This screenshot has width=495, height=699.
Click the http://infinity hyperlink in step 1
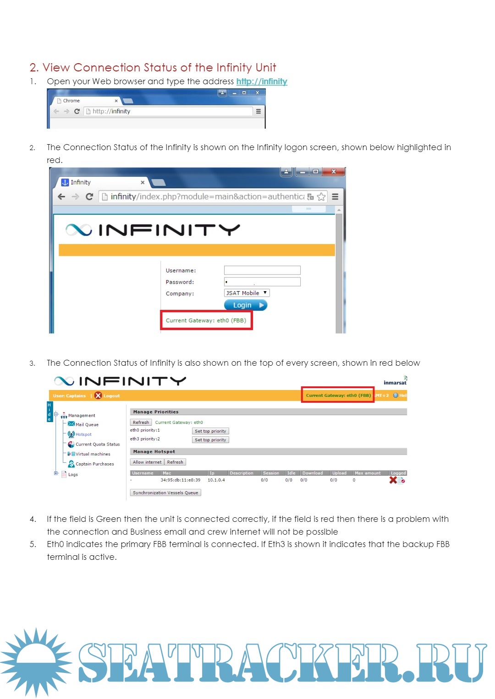tap(262, 81)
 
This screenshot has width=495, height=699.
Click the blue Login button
tap(245, 305)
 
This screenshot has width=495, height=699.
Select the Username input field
tap(262, 271)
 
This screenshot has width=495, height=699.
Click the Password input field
tap(262, 282)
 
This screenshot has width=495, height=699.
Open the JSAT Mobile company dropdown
tap(247, 293)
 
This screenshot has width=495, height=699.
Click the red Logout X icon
tap(98, 396)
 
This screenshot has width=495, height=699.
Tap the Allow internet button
tap(147, 462)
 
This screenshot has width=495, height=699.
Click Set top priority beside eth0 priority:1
tap(210, 431)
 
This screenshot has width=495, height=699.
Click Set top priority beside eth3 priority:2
tap(210, 440)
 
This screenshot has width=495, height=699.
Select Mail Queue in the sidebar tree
tap(87, 425)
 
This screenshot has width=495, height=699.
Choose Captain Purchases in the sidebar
tap(94, 464)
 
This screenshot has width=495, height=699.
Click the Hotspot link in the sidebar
tap(83, 434)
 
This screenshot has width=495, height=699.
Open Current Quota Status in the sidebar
tap(97, 444)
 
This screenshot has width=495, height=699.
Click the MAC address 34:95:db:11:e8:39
tap(180, 480)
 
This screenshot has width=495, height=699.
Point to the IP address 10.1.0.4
tap(216, 480)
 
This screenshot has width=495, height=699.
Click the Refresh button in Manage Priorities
tap(141, 423)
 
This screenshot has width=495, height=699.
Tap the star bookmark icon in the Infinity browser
tap(321, 197)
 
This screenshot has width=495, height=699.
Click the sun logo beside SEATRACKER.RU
tap(36, 661)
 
